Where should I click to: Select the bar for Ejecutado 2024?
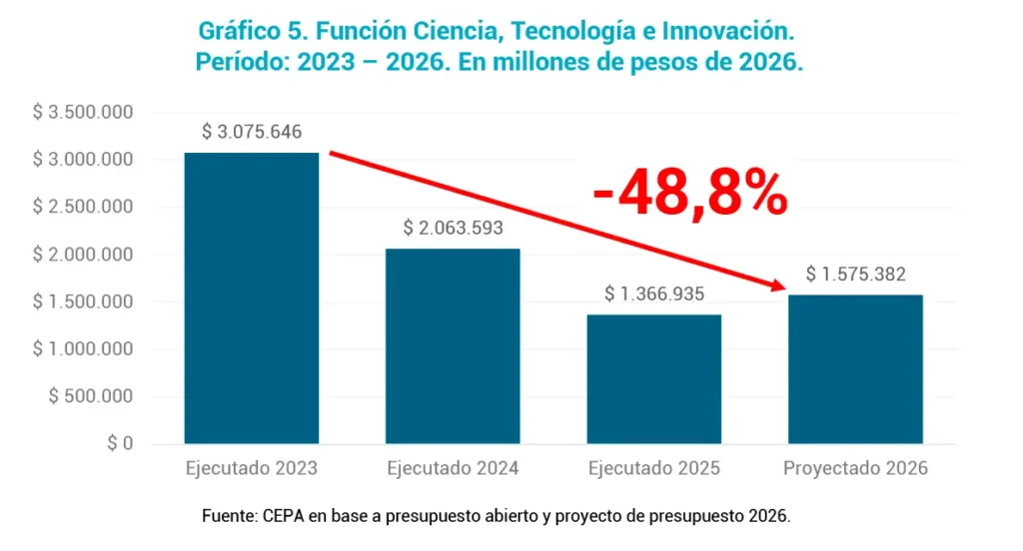click(453, 345)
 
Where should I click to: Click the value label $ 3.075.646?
click(252, 132)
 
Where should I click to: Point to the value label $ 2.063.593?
click(453, 228)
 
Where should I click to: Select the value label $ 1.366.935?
click(654, 294)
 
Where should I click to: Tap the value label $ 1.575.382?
click(855, 275)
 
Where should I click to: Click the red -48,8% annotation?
click(689, 194)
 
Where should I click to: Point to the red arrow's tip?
click(781, 287)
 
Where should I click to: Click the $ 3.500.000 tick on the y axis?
click(84, 112)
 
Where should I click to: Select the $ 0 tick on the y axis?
click(119, 444)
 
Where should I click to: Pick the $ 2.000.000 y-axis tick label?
click(84, 255)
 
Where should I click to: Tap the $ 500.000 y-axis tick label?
click(91, 396)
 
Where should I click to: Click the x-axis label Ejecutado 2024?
click(453, 468)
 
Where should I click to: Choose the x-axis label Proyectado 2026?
click(855, 468)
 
